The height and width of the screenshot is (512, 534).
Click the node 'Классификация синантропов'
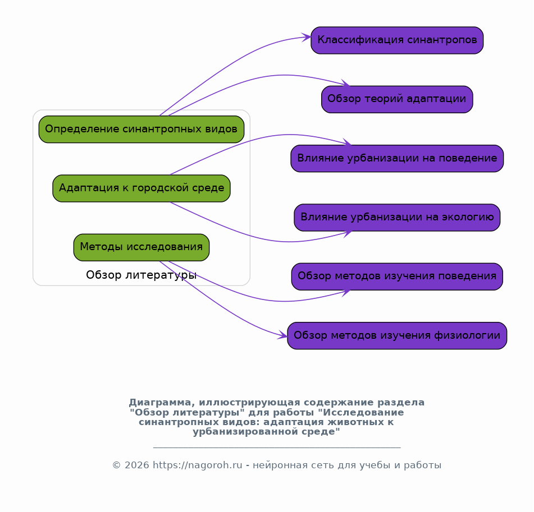pos(397,40)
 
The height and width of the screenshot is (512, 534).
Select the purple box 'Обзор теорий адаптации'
pos(397,99)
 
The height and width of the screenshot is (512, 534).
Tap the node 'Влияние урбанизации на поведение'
pos(397,159)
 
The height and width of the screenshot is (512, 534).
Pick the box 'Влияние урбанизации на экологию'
pos(397,218)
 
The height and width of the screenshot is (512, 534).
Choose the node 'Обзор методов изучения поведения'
pos(397,276)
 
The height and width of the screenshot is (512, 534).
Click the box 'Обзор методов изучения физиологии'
pos(397,336)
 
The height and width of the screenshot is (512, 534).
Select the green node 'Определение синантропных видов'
pos(142,130)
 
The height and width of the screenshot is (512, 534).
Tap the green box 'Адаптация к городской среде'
pos(142,188)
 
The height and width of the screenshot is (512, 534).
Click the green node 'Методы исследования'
pos(142,247)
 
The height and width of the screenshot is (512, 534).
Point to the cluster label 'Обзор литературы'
pos(142,275)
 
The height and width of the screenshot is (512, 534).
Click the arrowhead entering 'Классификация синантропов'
pos(307,37)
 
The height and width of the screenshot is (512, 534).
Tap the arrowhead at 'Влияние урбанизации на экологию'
pos(348,233)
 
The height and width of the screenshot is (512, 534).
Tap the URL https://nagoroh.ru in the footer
pos(198,465)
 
